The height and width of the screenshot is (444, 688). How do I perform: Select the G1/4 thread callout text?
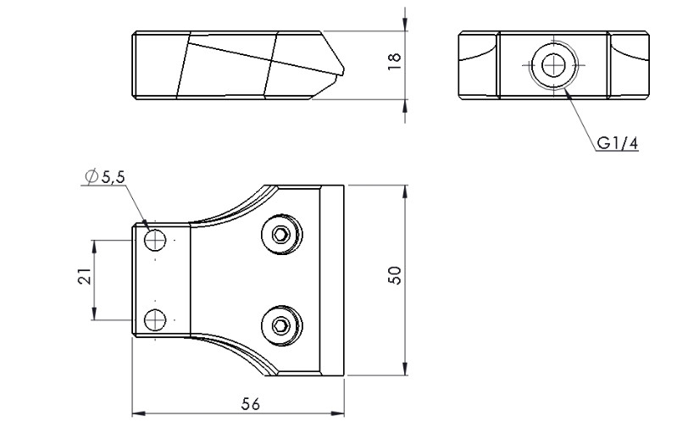pyautogui.click(x=617, y=143)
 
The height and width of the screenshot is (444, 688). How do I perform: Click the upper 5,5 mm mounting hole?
pyautogui.click(x=155, y=240)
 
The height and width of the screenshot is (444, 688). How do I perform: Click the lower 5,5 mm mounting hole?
pyautogui.click(x=155, y=319)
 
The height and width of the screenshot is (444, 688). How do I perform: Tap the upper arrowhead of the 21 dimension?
pyautogui.click(x=94, y=247)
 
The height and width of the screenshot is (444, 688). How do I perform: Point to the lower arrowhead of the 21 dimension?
pyautogui.click(x=94, y=314)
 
